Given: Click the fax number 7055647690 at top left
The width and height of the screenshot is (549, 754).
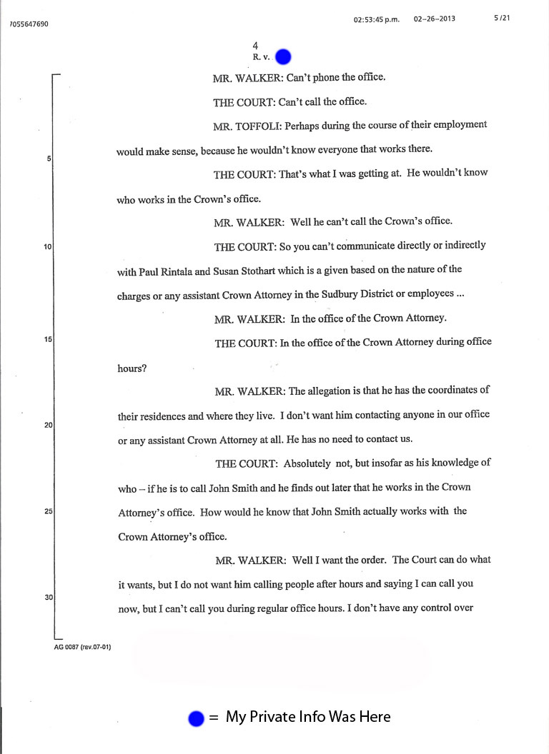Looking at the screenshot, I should click(29, 24).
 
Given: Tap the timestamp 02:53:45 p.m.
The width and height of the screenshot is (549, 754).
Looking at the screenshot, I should click(377, 19).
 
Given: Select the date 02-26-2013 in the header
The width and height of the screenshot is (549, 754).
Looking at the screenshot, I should click(435, 19).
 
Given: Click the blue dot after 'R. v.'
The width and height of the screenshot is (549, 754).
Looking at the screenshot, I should click(283, 56).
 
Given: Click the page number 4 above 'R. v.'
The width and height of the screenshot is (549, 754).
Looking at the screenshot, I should click(255, 46).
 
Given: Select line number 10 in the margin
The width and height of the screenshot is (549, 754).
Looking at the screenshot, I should click(47, 247).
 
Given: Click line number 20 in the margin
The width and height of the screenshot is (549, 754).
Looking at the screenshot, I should click(47, 425).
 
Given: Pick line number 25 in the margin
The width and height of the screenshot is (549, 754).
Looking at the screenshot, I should click(47, 511).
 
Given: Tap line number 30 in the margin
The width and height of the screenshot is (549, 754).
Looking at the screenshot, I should click(47, 597).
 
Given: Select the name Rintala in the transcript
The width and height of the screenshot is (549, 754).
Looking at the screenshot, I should click(182, 271).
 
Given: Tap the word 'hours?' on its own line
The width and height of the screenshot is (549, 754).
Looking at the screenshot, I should click(132, 368).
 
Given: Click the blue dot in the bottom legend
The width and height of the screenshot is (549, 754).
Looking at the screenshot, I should click(196, 719).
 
